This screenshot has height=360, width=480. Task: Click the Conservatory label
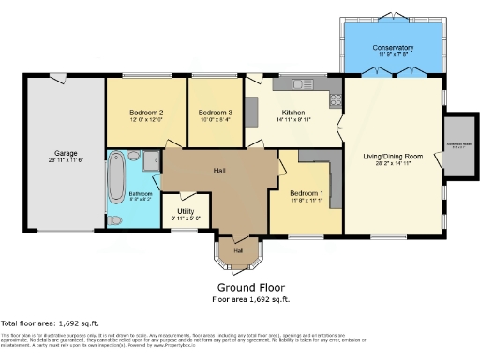[x=392, y=47]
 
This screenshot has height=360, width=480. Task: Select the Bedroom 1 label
[x=307, y=193]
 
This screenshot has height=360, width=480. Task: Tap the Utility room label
[x=186, y=211]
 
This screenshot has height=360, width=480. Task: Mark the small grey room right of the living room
[x=459, y=146]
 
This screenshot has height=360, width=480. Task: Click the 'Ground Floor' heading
[x=250, y=287]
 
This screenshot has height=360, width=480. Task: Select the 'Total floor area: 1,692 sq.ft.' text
[x=54, y=321]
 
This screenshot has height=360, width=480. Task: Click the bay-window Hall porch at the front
[x=238, y=249]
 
